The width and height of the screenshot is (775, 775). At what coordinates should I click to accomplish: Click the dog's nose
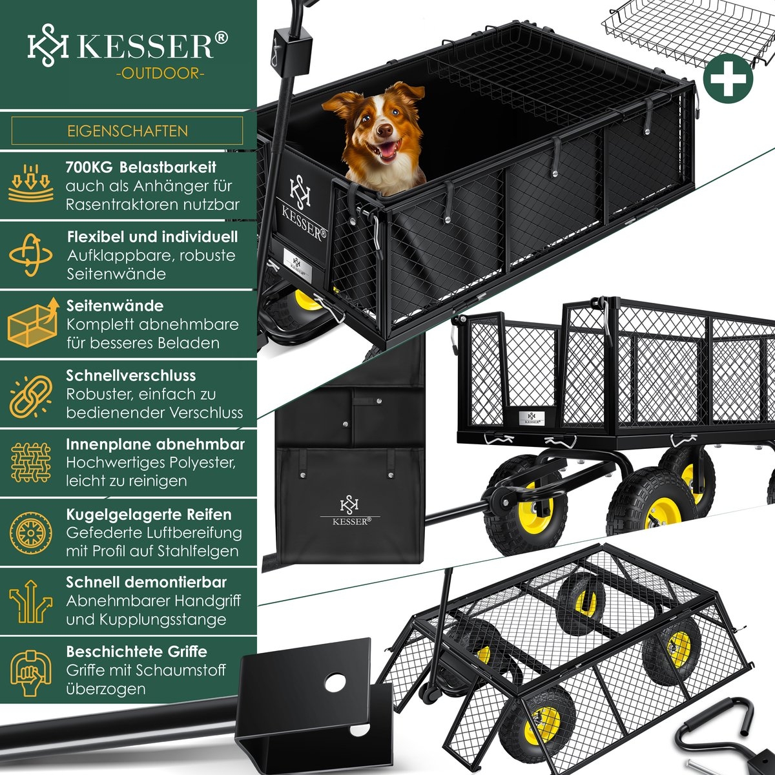tap(385, 130)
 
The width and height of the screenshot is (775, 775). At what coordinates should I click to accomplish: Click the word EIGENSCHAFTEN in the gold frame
tap(127, 131)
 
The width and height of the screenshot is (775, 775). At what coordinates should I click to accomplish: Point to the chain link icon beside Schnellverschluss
tap(30, 397)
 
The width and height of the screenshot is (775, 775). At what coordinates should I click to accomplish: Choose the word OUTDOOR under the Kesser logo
tap(160, 74)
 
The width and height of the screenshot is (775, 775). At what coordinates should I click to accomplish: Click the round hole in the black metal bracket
tap(335, 683)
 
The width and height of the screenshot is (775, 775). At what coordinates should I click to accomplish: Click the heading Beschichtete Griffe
tap(136, 652)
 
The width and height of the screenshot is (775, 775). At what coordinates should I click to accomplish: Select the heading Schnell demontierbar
tap(147, 582)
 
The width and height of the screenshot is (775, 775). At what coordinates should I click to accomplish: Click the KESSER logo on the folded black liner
tap(350, 511)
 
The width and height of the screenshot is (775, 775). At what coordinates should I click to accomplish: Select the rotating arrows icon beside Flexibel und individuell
tap(30, 255)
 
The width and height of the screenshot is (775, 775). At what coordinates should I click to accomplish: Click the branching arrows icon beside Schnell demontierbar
tap(30, 601)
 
